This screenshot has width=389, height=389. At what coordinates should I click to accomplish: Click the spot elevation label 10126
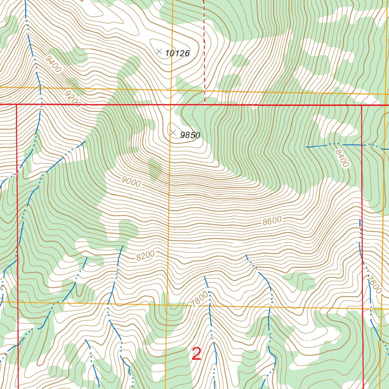[x=177, y=54]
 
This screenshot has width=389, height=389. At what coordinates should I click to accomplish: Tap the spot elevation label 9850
[x=190, y=135]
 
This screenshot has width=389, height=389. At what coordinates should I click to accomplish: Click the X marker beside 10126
[x=159, y=51]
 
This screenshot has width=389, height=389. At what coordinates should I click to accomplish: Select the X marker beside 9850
[x=173, y=133]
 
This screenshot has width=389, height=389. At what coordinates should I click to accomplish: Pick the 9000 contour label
[x=131, y=182]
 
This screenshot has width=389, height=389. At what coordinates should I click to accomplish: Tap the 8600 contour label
[x=272, y=221]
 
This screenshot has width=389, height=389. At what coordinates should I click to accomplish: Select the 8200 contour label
[x=145, y=256]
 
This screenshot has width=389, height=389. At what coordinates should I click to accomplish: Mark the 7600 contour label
[x=374, y=283]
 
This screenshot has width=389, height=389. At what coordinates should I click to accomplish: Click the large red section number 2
[x=196, y=354]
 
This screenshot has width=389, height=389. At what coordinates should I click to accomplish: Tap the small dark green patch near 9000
[x=155, y=169]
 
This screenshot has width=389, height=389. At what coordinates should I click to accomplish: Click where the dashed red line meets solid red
[x=205, y=104]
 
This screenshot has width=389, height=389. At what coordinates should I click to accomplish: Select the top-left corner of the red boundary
[x=17, y=104]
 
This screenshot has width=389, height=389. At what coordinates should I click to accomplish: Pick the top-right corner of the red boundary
[x=361, y=105]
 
